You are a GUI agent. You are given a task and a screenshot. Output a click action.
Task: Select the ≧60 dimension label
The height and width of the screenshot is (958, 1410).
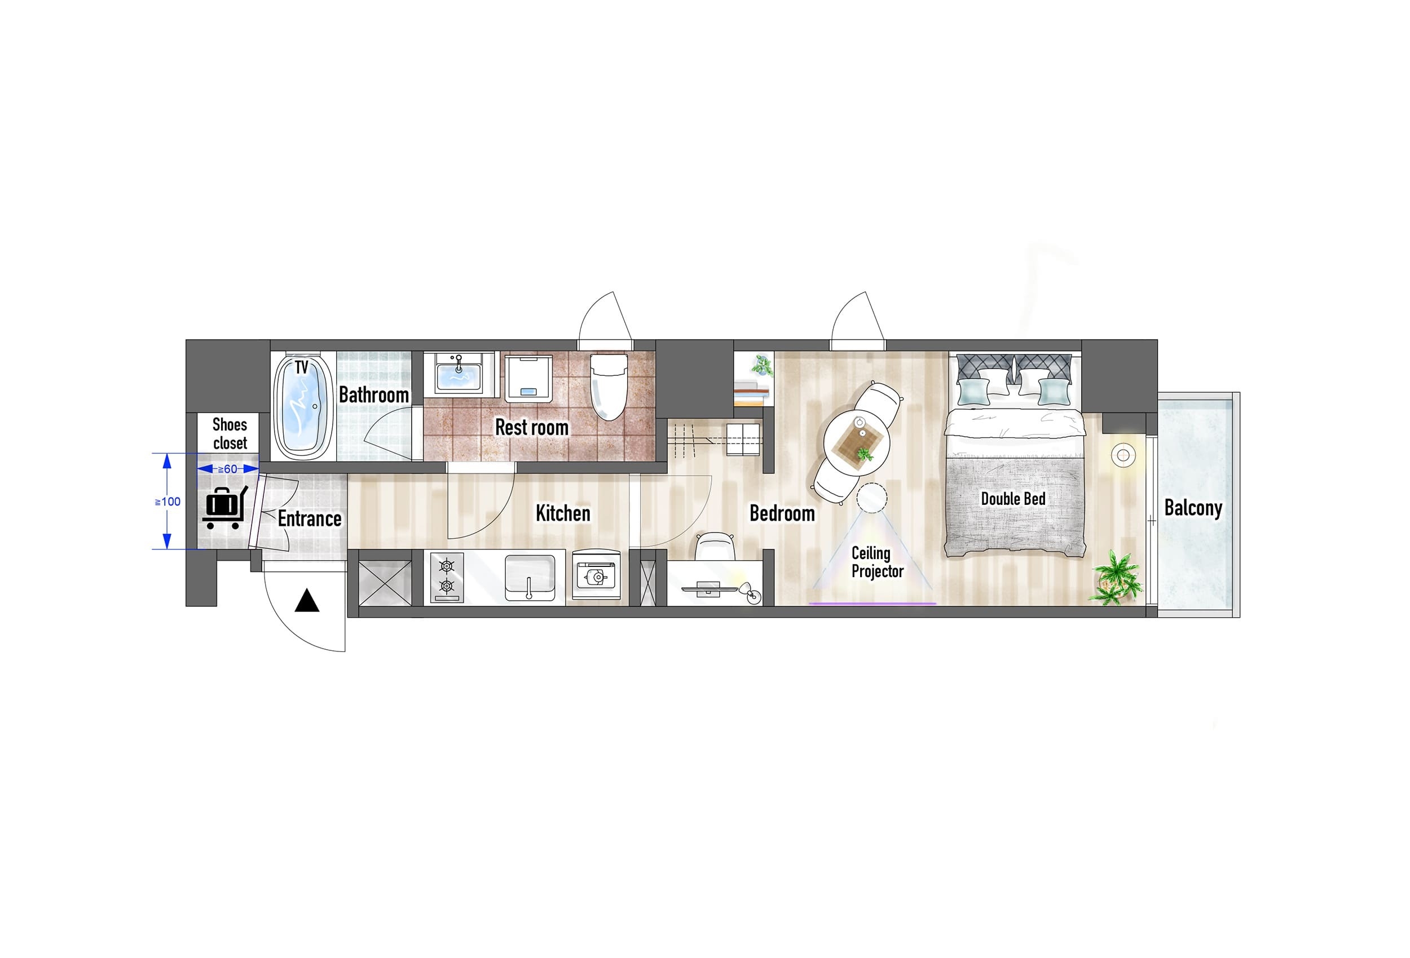pyautogui.click(x=227, y=469)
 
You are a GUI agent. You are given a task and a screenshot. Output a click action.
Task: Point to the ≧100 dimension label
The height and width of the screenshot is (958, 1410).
pyautogui.click(x=168, y=502)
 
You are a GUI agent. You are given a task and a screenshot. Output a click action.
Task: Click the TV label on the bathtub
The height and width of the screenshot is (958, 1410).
pyautogui.click(x=302, y=367)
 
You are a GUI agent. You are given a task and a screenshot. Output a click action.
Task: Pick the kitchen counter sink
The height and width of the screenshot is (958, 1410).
pyautogui.click(x=530, y=577)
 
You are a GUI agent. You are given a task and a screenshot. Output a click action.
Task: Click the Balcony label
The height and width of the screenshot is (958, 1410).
pyautogui.click(x=1193, y=508)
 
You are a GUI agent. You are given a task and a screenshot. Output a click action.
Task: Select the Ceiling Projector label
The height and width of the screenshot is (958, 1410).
pyautogui.click(x=878, y=562)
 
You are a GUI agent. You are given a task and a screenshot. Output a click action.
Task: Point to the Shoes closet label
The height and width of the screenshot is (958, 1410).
pyautogui.click(x=230, y=433)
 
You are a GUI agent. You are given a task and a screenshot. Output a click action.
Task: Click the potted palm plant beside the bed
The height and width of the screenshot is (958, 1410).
pyautogui.click(x=1116, y=577)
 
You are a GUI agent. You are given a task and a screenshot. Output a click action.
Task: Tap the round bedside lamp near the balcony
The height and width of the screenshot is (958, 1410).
pyautogui.click(x=1123, y=455)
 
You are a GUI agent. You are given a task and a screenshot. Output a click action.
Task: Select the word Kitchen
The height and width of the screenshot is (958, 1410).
pyautogui.click(x=562, y=513)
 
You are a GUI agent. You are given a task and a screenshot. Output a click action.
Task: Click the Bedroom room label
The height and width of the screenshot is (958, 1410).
pyautogui.click(x=782, y=513)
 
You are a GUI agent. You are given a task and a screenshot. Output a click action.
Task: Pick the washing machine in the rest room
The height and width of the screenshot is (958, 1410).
pyautogui.click(x=529, y=378)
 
